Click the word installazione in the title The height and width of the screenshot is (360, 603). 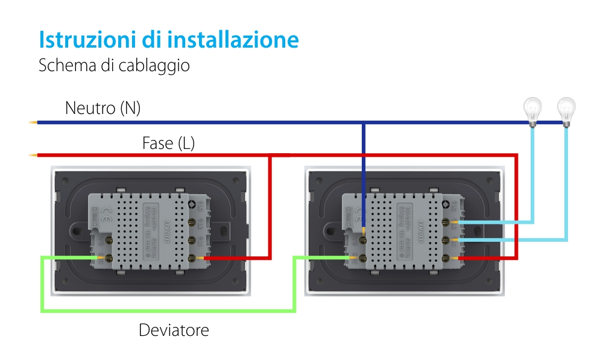click(233, 40)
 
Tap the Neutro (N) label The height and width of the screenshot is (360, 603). click(103, 109)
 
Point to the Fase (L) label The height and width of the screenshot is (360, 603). click(168, 144)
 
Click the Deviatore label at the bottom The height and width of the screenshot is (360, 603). click(174, 330)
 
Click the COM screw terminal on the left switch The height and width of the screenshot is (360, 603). click(110, 259)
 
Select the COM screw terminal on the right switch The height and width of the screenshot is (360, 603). click(364, 259)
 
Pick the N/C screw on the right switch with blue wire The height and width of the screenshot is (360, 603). click(364, 239)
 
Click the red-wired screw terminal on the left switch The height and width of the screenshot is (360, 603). click(192, 259)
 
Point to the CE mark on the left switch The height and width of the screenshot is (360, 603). click(104, 212)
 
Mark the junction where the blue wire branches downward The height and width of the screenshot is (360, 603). click(363, 123)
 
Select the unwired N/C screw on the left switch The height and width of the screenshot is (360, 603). click(110, 239)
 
